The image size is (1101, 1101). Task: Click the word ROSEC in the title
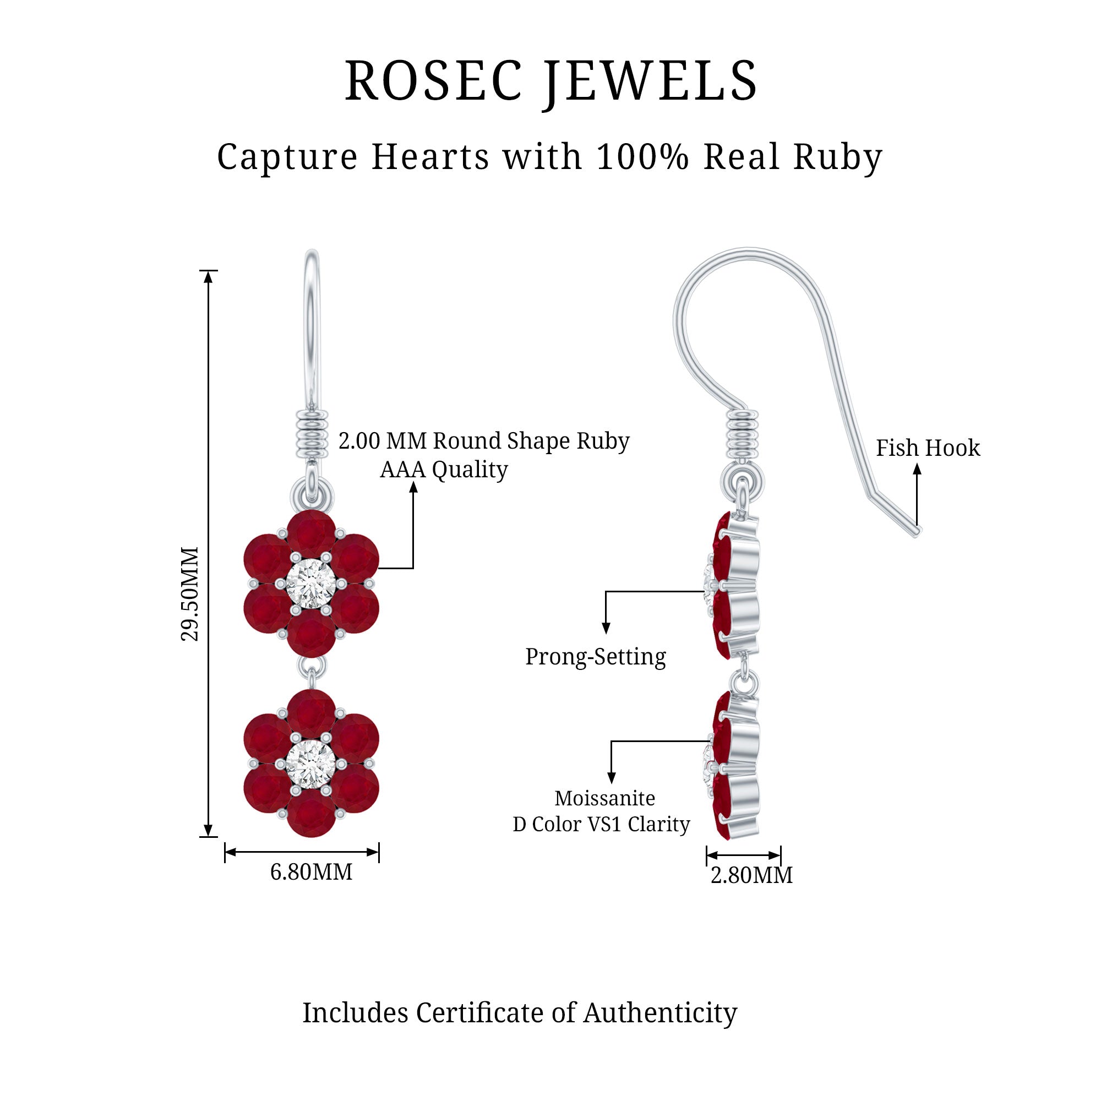433,81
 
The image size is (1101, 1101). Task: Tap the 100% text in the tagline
642,156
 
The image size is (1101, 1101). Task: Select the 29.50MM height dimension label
190,594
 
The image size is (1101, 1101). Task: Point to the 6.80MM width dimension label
311,872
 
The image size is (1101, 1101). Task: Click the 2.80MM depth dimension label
751,875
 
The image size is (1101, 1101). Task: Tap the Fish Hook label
928,448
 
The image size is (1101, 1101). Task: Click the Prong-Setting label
595,657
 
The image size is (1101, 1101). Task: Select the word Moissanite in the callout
604,798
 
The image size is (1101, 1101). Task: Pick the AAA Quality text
444,470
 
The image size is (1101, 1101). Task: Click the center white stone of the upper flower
310,584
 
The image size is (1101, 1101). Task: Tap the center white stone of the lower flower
310,764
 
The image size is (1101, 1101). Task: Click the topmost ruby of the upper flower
310,535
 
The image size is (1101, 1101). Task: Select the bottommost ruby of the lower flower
310,813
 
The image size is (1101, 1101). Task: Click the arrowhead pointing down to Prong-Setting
606,628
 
